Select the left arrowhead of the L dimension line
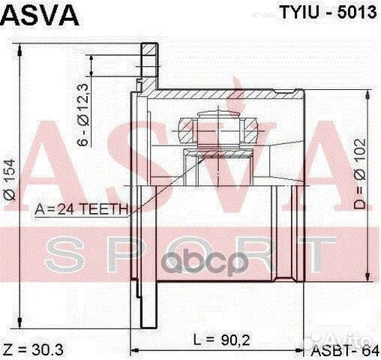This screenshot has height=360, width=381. coord(135,349)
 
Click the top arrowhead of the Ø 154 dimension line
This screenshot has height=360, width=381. coord(26,48)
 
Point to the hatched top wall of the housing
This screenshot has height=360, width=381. coord(225,95)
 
